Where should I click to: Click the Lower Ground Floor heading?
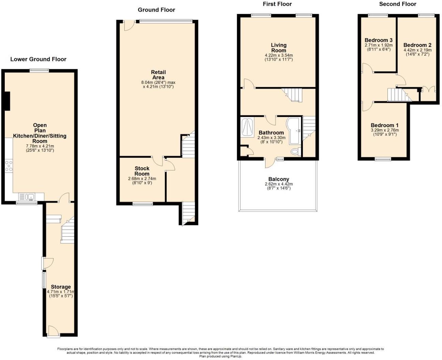38,59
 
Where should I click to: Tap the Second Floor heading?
397,4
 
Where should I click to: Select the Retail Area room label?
158,75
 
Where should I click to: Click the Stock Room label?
142,171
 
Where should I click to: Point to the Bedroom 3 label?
378,40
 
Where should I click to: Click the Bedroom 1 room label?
384,125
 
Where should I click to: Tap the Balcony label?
278,179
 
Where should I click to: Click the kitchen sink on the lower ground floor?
31,197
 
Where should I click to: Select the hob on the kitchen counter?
9,166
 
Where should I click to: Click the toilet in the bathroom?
295,152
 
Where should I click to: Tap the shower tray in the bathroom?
247,127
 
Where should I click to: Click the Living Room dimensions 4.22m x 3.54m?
278,56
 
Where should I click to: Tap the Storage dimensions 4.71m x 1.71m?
61,292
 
